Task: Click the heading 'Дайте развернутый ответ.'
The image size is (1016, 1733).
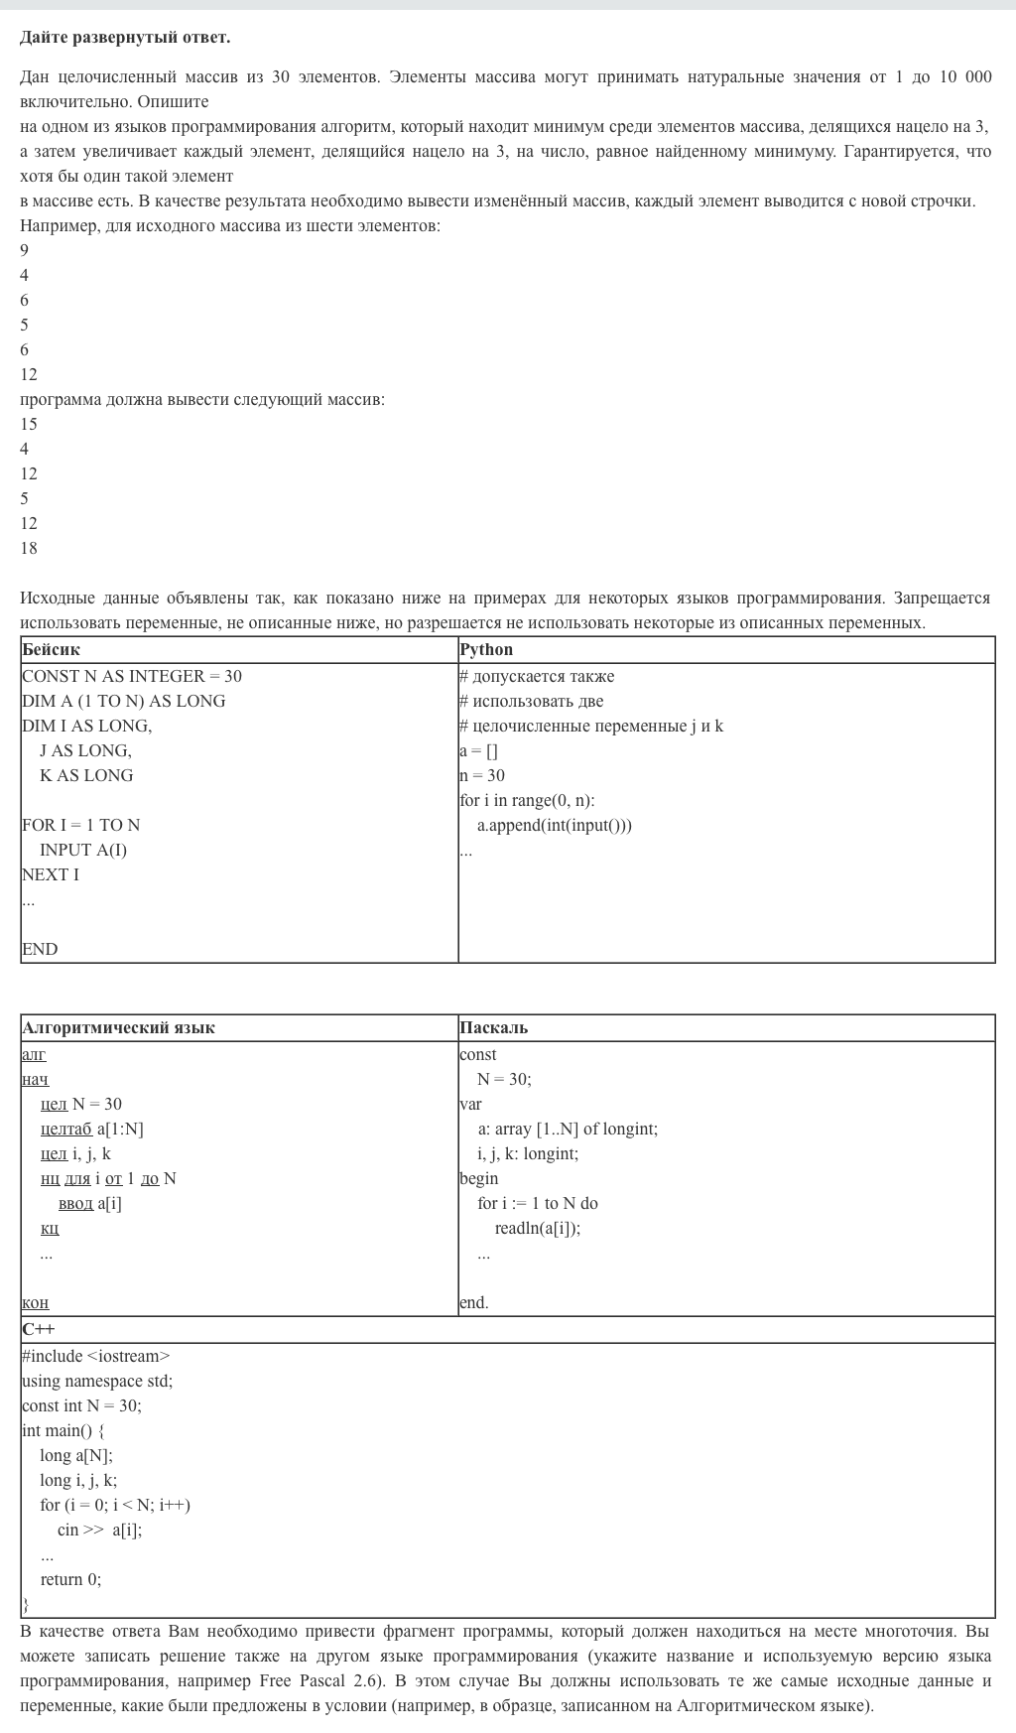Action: click(125, 38)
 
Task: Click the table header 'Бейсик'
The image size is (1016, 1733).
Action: click(52, 650)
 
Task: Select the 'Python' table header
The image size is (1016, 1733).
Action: click(486, 650)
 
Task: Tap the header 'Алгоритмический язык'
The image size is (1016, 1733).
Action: click(118, 1028)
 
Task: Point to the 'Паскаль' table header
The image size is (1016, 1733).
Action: click(494, 1028)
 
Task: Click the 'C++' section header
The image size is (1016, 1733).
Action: click(39, 1330)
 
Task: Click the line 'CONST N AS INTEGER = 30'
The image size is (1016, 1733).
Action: click(132, 677)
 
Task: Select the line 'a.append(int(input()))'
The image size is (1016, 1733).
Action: click(554, 826)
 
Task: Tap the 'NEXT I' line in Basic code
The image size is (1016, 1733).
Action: click(51, 875)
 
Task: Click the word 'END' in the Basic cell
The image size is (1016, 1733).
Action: click(40, 950)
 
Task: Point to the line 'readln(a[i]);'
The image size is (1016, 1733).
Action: click(538, 1229)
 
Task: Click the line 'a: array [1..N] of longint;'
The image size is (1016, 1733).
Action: click(568, 1130)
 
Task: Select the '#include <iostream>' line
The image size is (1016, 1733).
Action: click(96, 1357)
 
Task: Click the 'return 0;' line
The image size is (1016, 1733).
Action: click(70, 1580)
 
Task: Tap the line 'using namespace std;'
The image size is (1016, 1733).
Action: click(97, 1382)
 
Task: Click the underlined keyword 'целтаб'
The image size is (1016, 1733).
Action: click(66, 1130)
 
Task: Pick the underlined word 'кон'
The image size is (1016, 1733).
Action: click(36, 1303)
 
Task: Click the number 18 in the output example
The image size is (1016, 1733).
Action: click(29, 549)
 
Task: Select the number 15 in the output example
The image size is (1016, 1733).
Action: click(29, 425)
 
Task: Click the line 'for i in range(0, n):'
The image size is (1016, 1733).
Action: click(527, 801)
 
